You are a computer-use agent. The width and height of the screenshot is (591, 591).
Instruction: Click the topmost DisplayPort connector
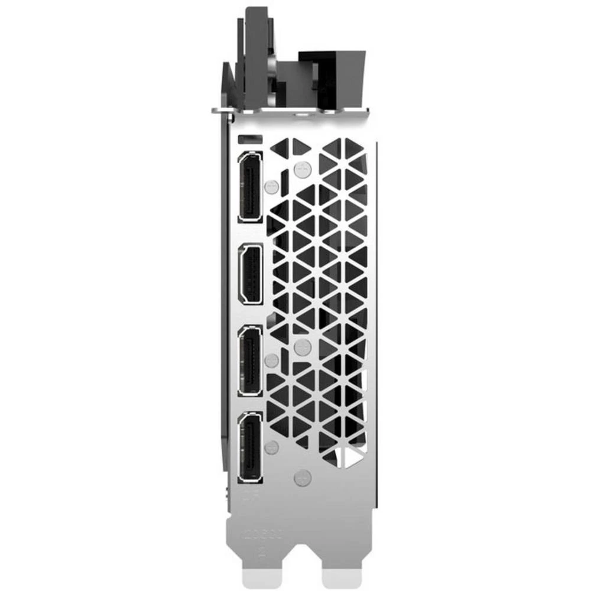251,186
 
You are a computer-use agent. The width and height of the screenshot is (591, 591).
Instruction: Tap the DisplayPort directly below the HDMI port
251,361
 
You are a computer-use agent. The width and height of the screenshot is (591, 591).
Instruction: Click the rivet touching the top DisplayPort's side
271,187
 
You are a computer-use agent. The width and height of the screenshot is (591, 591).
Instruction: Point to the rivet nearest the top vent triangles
302,169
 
